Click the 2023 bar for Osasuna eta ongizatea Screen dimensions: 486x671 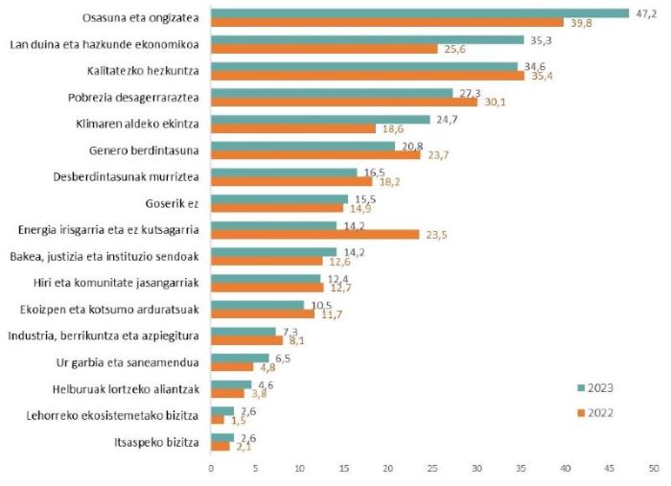click(419, 13)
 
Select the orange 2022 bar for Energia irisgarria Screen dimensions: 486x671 click(314, 233)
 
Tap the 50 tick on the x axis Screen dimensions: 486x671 click(654, 468)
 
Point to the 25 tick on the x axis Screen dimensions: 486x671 click(432, 468)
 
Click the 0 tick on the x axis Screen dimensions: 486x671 click(211, 468)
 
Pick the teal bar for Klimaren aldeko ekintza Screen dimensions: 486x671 click(320, 119)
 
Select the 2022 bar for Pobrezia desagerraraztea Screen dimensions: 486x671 click(344, 102)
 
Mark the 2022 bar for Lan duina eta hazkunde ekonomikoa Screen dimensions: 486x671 click(324, 49)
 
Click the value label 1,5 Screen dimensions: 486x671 click(239, 420)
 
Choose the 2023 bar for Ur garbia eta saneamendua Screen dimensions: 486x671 click(240, 358)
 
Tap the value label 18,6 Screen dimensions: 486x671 click(391, 128)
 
